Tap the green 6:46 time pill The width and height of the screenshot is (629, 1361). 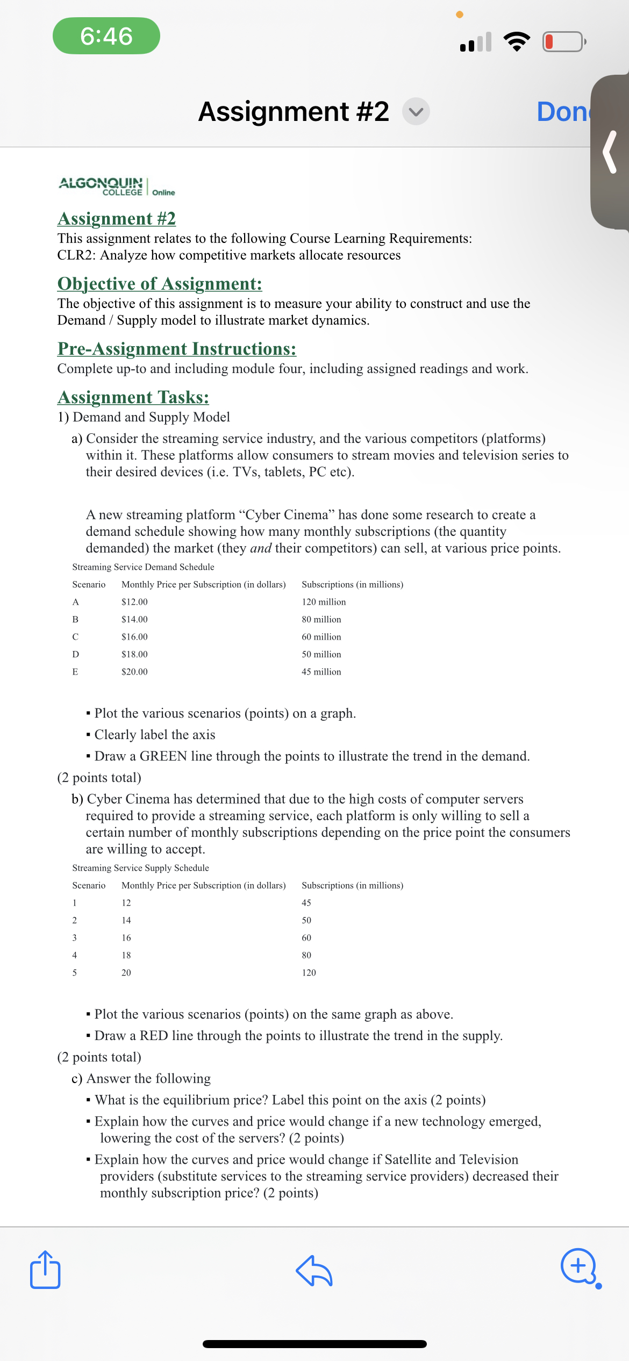tap(106, 36)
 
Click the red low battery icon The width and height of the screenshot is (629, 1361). tap(563, 41)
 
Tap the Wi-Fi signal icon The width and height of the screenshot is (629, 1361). tap(517, 41)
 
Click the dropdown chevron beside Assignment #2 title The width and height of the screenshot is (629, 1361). tap(416, 112)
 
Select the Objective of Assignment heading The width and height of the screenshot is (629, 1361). tap(160, 283)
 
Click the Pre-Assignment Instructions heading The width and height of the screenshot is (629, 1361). tap(177, 348)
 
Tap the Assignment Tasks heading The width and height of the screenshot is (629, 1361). tap(133, 397)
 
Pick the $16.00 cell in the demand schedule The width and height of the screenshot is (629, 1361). tap(134, 636)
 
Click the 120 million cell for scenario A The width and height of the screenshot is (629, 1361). tap(324, 601)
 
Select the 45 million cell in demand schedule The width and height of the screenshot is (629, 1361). tap(321, 671)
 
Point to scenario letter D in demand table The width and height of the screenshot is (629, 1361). tap(75, 654)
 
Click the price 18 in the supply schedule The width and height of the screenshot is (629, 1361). tap(126, 955)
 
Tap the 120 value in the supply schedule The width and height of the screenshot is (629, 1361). tap(309, 972)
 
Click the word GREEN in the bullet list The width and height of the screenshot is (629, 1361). tap(163, 756)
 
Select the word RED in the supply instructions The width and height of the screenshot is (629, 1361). tap(154, 1035)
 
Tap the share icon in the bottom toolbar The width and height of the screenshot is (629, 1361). tap(45, 1270)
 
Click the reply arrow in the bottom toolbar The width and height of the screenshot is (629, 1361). tap(314, 1271)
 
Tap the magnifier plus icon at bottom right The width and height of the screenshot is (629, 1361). tap(579, 1266)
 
